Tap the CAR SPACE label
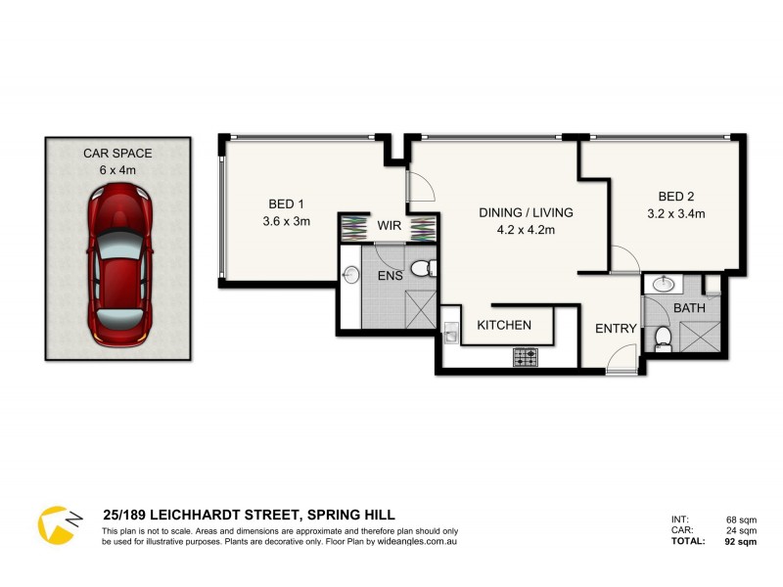point(118,154)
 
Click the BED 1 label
point(286,204)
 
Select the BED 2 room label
point(675,196)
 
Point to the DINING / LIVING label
point(526,212)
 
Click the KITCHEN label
point(504,325)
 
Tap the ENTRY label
point(617,329)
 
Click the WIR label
point(390,226)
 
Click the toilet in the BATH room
point(663,338)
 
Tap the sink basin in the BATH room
point(664,285)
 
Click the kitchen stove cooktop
point(525,358)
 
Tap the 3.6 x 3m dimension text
point(286,221)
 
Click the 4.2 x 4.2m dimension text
point(526,230)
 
